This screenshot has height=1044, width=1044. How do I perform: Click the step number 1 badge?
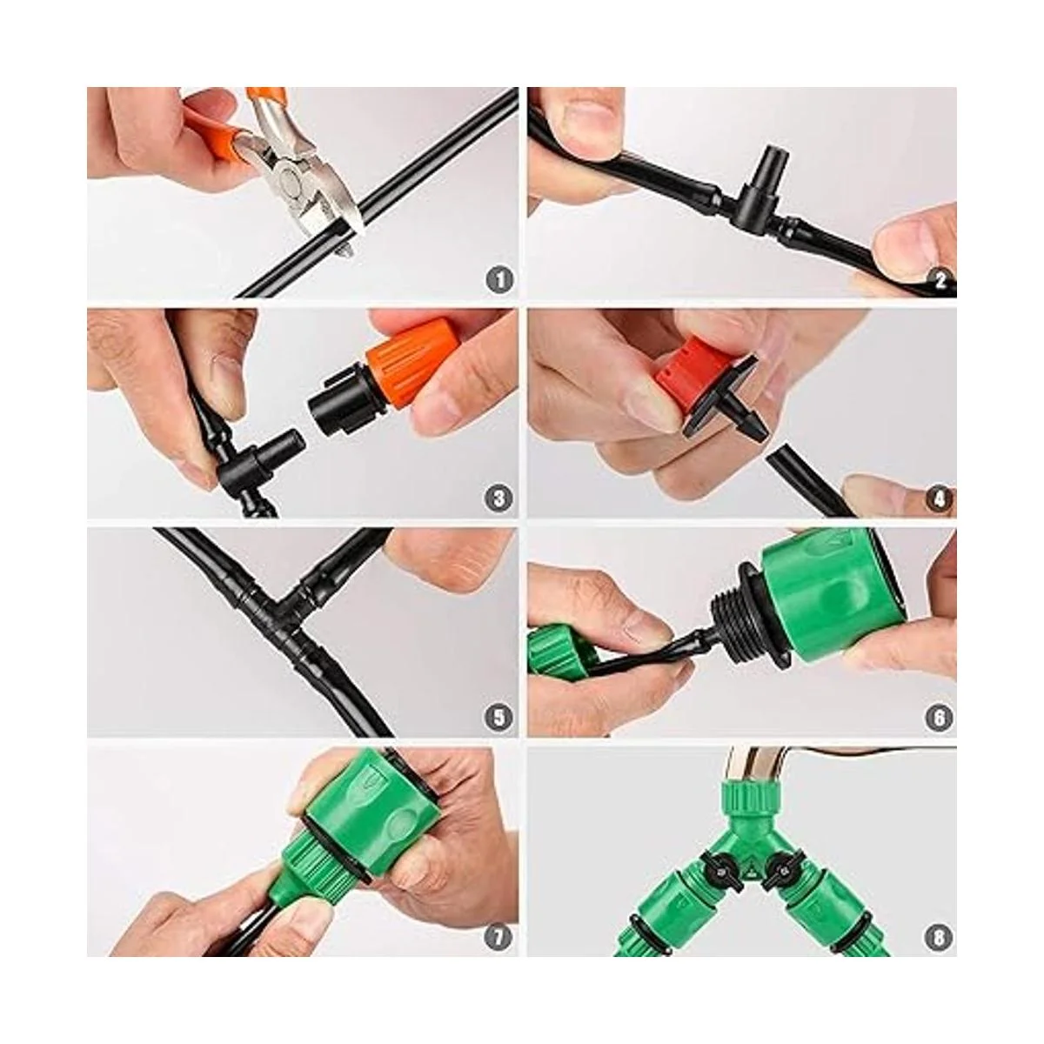pos(499,280)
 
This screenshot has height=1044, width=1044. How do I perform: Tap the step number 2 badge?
pos(939,280)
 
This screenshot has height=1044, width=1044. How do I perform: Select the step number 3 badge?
pos(499,498)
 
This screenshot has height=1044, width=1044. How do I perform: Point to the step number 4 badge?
pos(939,498)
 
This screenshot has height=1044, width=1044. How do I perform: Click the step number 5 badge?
pos(499,716)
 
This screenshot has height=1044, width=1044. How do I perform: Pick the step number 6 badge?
pos(939,716)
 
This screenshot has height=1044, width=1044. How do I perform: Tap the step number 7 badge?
pos(499,935)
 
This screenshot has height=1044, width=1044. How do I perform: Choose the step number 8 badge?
pos(939,935)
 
